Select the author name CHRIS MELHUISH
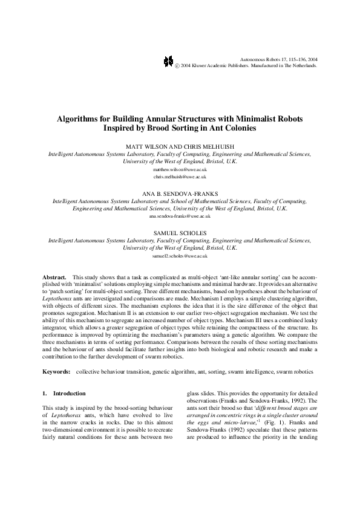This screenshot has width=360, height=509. pyautogui.click(x=209, y=147)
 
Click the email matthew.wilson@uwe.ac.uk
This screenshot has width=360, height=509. pyautogui.click(x=180, y=170)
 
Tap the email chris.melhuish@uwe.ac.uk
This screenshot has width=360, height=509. pyautogui.click(x=180, y=178)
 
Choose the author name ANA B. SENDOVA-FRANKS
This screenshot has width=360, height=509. pyautogui.click(x=180, y=194)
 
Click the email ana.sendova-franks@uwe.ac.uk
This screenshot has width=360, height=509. pyautogui.click(x=180, y=216)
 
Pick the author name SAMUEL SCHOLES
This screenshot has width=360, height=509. pyautogui.click(x=180, y=233)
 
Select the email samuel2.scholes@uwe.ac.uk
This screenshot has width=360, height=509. pyautogui.click(x=180, y=256)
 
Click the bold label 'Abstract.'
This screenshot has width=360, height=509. pyautogui.click(x=53, y=276)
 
